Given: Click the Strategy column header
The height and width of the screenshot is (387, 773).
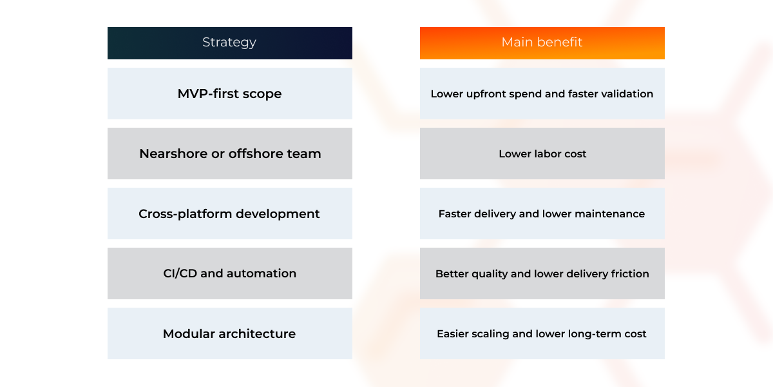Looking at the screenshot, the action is pyautogui.click(x=230, y=43).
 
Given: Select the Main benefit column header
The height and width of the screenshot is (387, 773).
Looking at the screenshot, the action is pyautogui.click(x=542, y=43).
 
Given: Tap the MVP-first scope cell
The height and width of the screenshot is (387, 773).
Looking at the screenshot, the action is pyautogui.click(x=230, y=94).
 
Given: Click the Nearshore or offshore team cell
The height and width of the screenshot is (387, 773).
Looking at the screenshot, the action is pyautogui.click(x=230, y=154).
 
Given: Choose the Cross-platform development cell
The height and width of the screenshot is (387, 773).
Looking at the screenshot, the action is pyautogui.click(x=230, y=213).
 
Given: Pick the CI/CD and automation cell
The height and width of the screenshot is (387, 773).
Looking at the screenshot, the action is pyautogui.click(x=230, y=273).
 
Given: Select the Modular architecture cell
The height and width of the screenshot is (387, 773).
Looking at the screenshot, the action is pyautogui.click(x=230, y=333).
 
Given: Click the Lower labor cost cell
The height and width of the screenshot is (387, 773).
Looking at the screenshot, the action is pyautogui.click(x=542, y=154).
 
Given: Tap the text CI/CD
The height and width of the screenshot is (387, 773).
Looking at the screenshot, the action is pyautogui.click(x=180, y=273).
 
